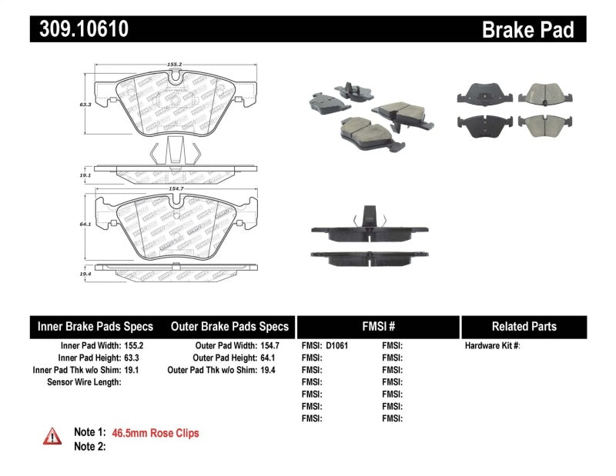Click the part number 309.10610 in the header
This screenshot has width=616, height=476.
coord(79,29)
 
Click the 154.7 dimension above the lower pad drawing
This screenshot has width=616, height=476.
coord(176,187)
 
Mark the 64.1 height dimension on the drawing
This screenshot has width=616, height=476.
coord(81,225)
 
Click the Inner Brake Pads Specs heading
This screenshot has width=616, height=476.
coord(95,326)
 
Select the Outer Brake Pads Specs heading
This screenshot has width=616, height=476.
coord(229,326)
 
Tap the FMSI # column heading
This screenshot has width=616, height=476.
coord(377,326)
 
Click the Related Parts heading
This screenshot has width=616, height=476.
coord(524,326)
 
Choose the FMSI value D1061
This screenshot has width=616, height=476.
coord(336,346)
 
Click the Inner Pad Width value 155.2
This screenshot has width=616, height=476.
coord(134,346)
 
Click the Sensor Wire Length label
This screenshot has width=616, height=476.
coord(84,382)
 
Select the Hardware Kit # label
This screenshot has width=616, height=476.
coord(492,346)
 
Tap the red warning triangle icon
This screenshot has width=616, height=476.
coord(52,436)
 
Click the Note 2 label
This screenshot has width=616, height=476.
coord(89,446)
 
